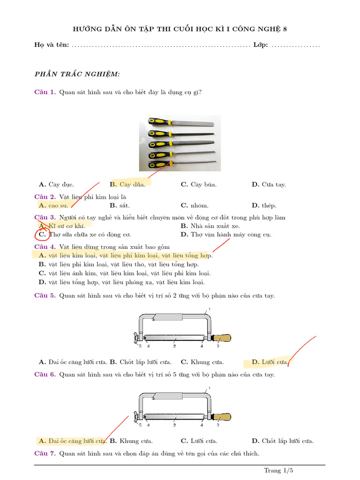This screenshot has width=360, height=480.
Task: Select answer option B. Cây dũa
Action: point(127,184)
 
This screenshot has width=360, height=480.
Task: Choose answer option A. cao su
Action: point(54,205)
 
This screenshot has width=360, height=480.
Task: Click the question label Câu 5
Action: point(45,295)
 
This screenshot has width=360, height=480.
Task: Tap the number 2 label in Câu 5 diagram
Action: point(174,346)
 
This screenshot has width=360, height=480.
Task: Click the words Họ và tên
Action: point(52,45)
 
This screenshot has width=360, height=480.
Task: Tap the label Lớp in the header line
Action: point(260,45)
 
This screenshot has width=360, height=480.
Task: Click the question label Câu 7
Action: point(45,453)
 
